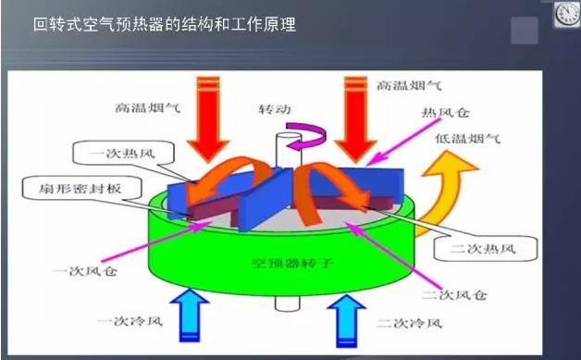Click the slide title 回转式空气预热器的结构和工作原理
pos(164,25)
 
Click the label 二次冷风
pos(407,325)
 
